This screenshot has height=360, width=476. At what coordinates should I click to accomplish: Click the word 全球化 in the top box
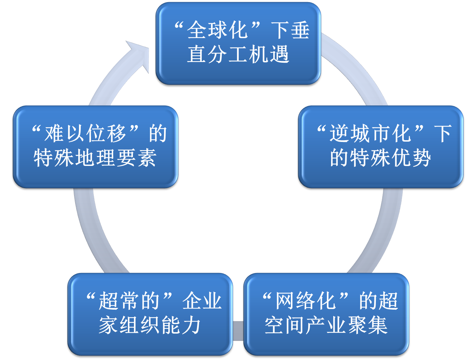click(218, 30)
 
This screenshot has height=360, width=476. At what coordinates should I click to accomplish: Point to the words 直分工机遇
click(238, 55)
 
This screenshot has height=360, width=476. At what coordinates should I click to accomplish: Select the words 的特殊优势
click(381, 157)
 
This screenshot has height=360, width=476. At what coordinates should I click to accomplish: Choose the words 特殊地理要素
click(95, 157)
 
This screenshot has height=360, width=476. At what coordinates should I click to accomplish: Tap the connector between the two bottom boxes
click(238, 331)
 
